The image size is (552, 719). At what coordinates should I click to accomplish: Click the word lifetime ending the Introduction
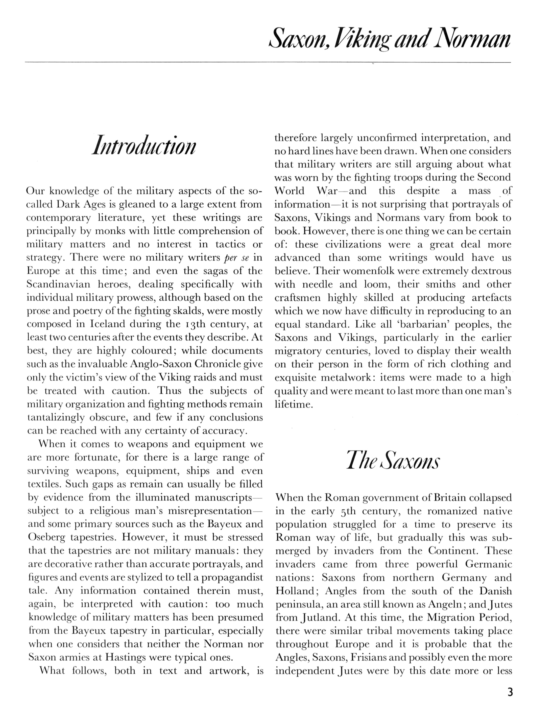293,404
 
